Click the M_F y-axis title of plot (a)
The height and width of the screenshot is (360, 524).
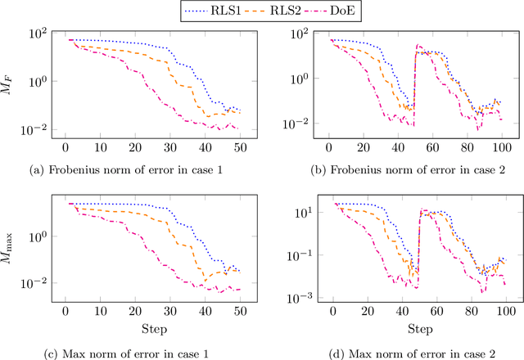pyautogui.click(x=9, y=80)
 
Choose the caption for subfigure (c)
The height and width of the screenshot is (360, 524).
pyautogui.click(x=151, y=352)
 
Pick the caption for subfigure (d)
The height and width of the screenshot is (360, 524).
pyautogui.click(x=414, y=352)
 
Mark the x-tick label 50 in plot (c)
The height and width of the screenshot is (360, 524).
pyautogui.click(x=239, y=311)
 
